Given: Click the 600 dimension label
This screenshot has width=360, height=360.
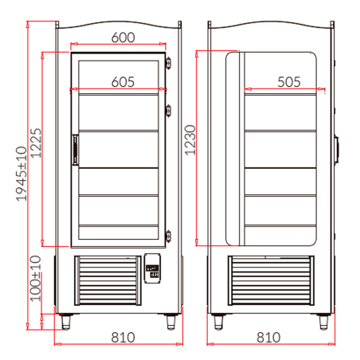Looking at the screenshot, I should (122, 37).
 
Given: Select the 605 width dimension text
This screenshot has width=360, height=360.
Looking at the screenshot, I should (122, 80).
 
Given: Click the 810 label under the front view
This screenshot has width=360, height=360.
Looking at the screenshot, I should (122, 337).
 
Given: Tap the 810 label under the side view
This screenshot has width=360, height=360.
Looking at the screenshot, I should (269, 337).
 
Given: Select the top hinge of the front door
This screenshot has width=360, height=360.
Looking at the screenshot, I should (169, 64).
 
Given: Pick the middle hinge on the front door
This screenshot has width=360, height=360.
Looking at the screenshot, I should (169, 110).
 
